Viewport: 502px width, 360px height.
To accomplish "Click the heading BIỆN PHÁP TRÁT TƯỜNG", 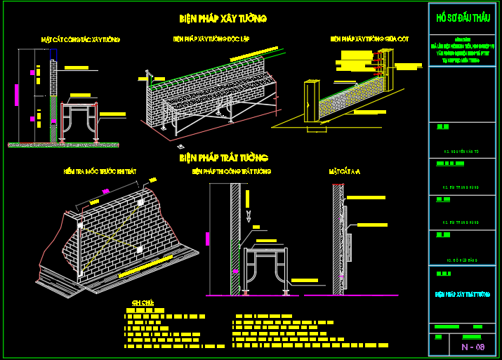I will click(x=223, y=159).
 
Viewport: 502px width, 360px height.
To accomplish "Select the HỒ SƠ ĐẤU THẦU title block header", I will click(x=463, y=18).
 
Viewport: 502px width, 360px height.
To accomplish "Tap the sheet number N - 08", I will click(x=473, y=347).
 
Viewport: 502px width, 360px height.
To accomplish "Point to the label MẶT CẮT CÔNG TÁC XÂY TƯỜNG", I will click(x=80, y=39).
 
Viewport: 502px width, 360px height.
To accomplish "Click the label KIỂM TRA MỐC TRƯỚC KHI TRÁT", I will click(x=100, y=171).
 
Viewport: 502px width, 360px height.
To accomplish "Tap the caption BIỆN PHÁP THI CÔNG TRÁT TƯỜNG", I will click(x=232, y=171).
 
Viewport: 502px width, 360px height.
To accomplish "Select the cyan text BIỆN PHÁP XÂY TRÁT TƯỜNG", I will click(x=463, y=295).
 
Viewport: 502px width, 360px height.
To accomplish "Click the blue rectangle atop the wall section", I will click(x=53, y=55).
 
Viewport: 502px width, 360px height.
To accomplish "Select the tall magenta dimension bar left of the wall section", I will click(x=16, y=94).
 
